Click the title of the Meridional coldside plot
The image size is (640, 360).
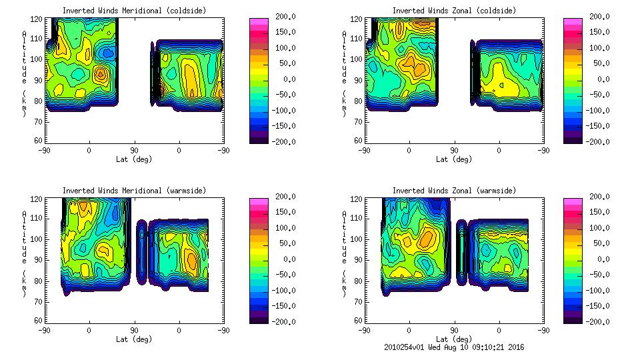coord(125,11)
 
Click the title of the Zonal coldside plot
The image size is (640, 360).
coord(454,11)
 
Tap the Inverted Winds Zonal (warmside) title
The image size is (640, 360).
coord(454,191)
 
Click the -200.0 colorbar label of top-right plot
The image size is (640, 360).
coord(598,141)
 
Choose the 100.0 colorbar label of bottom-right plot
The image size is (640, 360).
coord(598,227)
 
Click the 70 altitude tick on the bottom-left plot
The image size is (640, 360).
coord(39,300)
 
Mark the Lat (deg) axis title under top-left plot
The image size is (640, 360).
coord(134,159)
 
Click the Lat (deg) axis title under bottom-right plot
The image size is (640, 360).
coord(454,339)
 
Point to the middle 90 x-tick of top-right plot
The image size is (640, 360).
coord(454,150)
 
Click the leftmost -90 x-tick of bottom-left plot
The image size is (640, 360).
coord(44,330)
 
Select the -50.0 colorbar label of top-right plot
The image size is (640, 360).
coord(598,95)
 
